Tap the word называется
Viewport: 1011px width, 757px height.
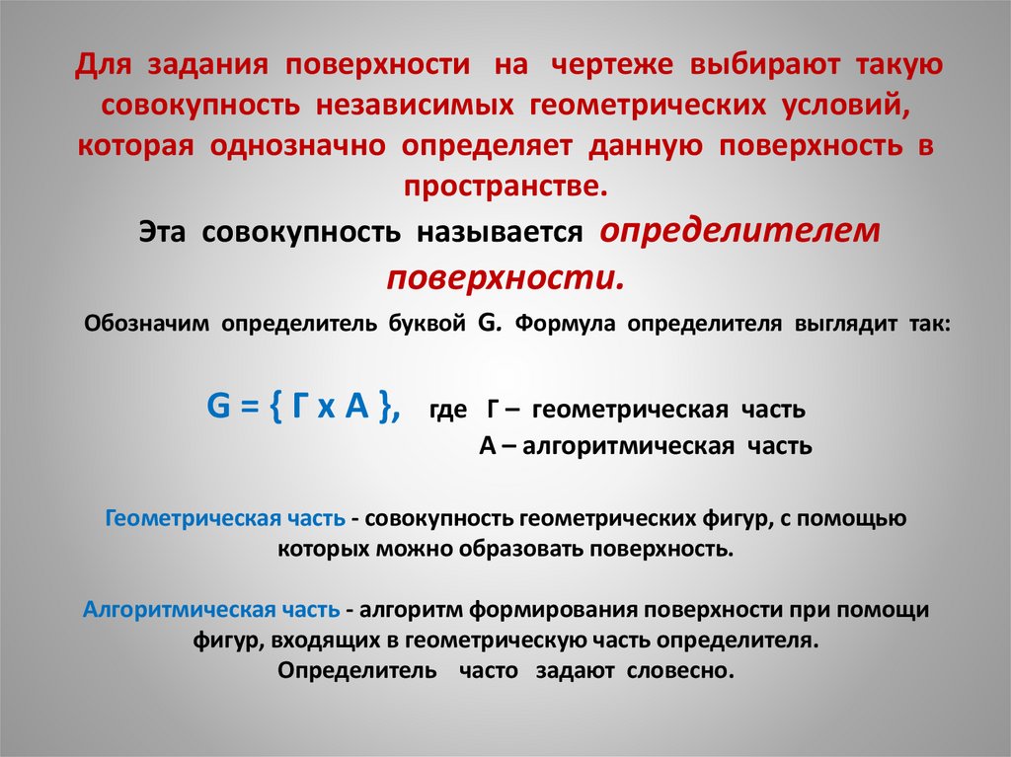pos(500,233)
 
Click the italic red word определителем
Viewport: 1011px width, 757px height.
pos(739,230)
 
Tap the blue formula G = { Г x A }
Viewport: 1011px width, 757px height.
pos(302,406)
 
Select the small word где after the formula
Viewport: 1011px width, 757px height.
pos(447,410)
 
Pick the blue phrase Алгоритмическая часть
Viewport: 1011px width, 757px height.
pos(213,610)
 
